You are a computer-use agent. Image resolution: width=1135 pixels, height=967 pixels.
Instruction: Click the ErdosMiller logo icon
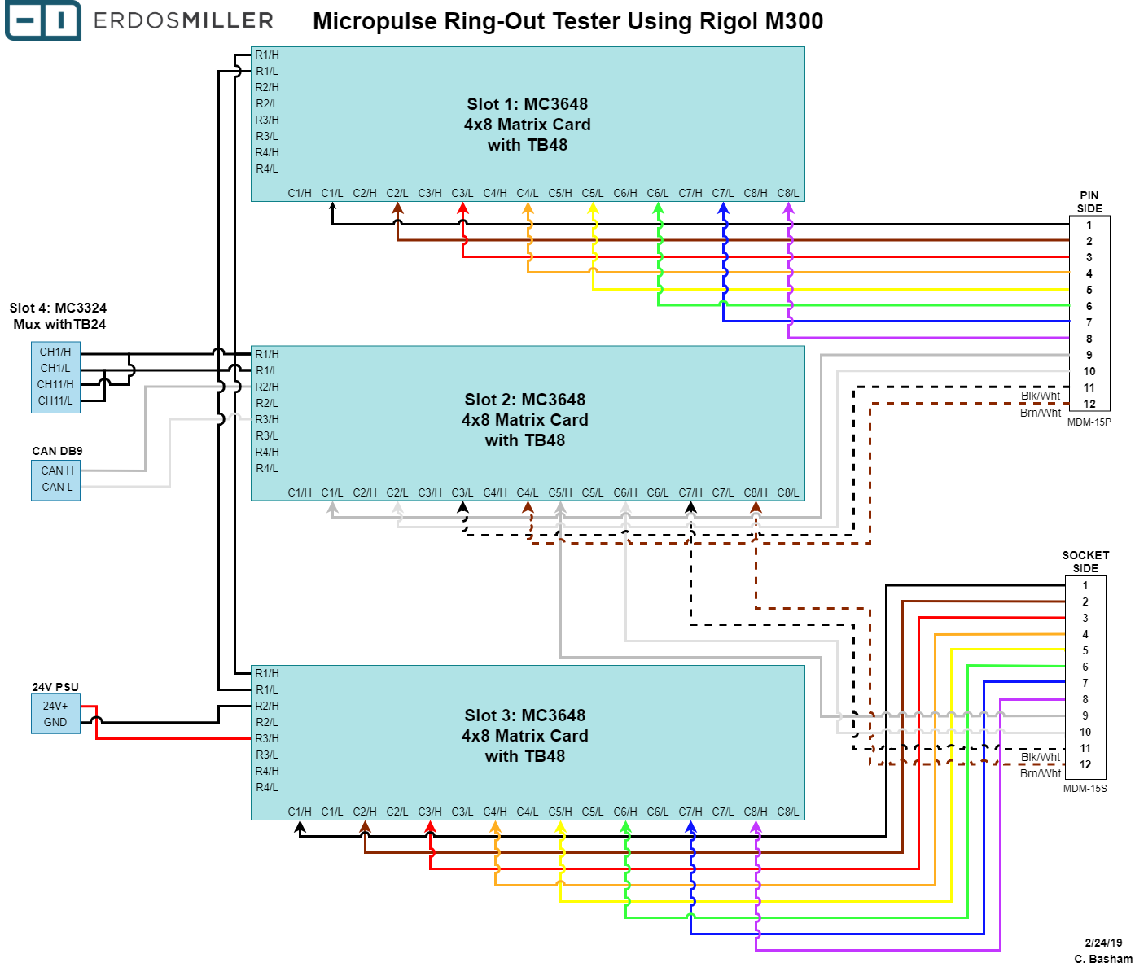43,20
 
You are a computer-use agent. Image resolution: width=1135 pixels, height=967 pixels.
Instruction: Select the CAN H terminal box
56,470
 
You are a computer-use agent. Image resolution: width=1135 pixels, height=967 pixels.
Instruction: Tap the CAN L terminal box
56,487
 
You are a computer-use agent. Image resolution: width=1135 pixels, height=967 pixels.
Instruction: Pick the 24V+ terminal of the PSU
55,706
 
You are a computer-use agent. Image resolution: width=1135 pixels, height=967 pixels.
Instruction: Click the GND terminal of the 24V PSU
55,722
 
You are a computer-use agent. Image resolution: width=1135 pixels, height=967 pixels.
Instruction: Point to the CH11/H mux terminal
55,384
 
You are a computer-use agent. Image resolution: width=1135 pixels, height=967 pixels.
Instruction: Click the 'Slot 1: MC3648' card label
528,104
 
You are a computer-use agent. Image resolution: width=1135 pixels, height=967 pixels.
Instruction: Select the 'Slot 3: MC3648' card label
525,715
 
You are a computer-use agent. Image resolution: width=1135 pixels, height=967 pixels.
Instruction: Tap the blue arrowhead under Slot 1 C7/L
723,208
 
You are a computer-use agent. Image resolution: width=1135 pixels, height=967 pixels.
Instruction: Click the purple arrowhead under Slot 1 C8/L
788,208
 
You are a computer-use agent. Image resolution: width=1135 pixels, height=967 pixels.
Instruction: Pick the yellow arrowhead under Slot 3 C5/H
560,827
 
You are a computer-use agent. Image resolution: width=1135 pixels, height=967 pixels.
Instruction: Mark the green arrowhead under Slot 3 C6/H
625,827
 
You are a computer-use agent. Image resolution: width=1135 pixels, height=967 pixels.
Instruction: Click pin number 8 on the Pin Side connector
1089,339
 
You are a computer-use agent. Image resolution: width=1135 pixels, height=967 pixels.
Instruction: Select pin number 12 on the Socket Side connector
1085,764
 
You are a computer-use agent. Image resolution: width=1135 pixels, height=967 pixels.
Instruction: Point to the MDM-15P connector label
1089,422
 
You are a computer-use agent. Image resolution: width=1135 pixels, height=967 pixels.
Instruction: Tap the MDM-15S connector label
1085,788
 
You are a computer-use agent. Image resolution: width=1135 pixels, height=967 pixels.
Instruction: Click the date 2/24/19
1103,943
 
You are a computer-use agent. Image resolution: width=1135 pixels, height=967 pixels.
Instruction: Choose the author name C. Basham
1103,959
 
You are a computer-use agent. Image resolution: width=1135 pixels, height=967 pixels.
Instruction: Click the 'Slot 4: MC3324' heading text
58,308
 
